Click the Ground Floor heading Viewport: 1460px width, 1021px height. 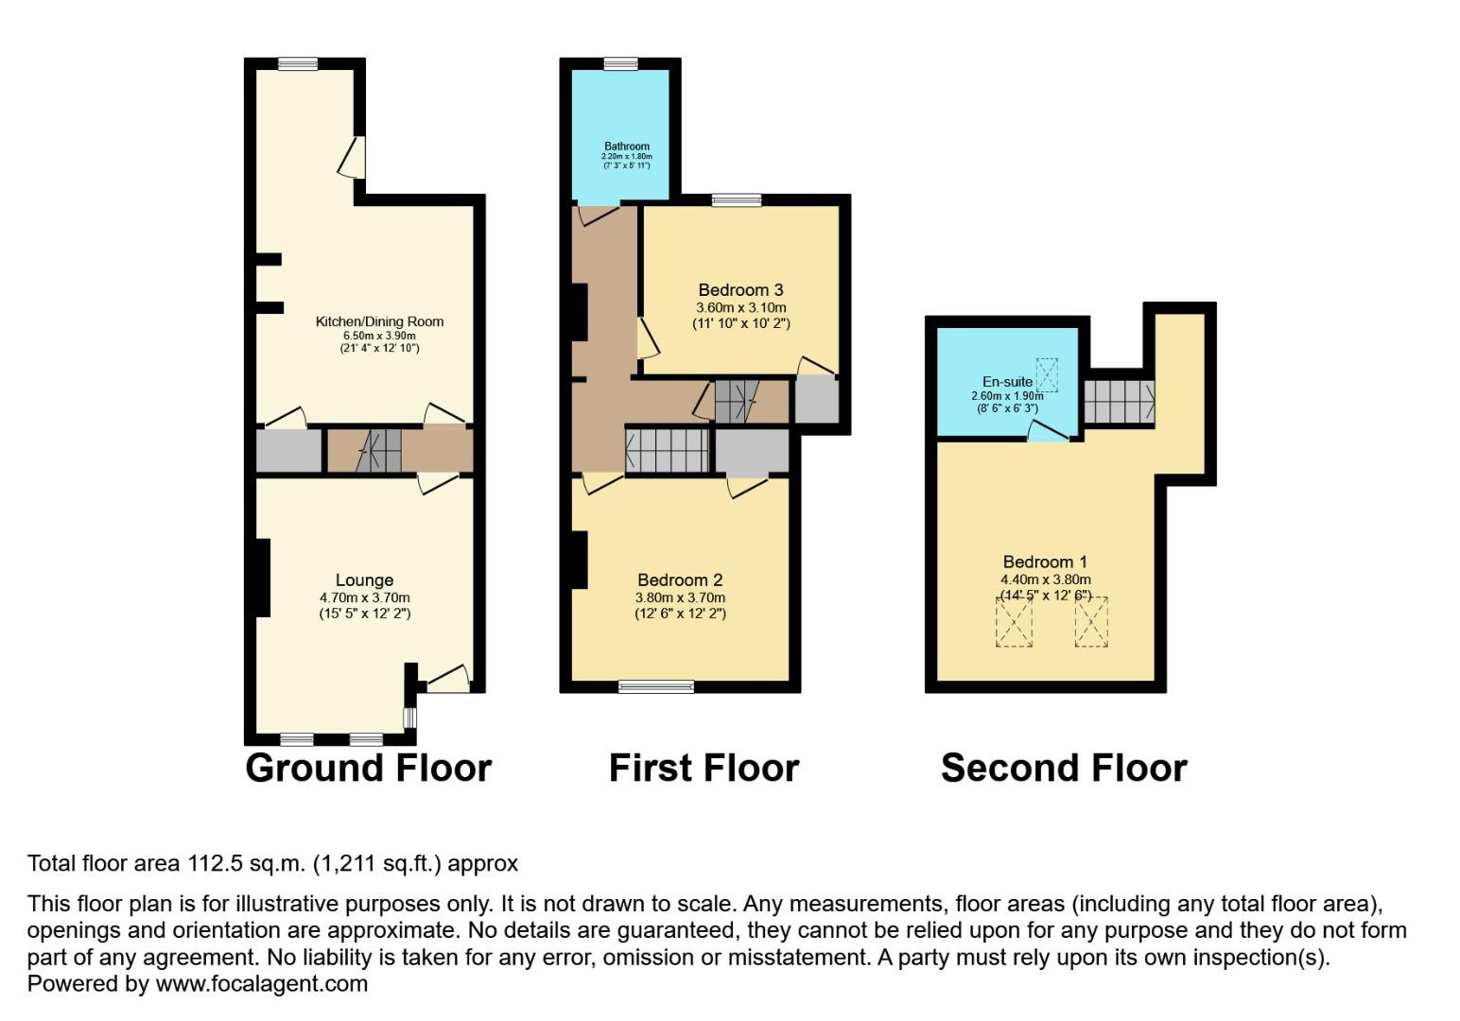(x=368, y=768)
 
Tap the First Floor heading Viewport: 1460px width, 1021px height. (x=704, y=768)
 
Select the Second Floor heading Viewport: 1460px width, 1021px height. (x=1064, y=768)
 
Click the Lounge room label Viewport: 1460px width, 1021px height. (x=364, y=580)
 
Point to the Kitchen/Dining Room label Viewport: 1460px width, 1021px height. (x=379, y=321)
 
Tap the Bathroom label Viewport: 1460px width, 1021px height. (x=627, y=147)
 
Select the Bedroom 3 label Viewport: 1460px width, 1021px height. (x=740, y=290)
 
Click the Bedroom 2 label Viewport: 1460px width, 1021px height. (x=680, y=580)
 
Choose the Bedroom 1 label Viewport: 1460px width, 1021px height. (x=1045, y=562)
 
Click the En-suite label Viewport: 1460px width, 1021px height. (x=1007, y=382)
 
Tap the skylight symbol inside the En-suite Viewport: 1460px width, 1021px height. (x=1047, y=374)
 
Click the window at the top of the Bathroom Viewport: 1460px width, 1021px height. (x=620, y=64)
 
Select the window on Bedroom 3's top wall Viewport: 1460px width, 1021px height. (x=737, y=200)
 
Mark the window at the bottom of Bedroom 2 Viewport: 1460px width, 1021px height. (x=656, y=687)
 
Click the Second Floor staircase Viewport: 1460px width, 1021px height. (x=1119, y=402)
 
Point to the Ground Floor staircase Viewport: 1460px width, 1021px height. (x=379, y=450)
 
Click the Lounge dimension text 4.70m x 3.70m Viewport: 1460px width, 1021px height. (x=364, y=597)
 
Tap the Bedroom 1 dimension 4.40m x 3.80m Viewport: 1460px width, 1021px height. (x=1045, y=580)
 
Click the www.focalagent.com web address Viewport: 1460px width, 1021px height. (x=261, y=984)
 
